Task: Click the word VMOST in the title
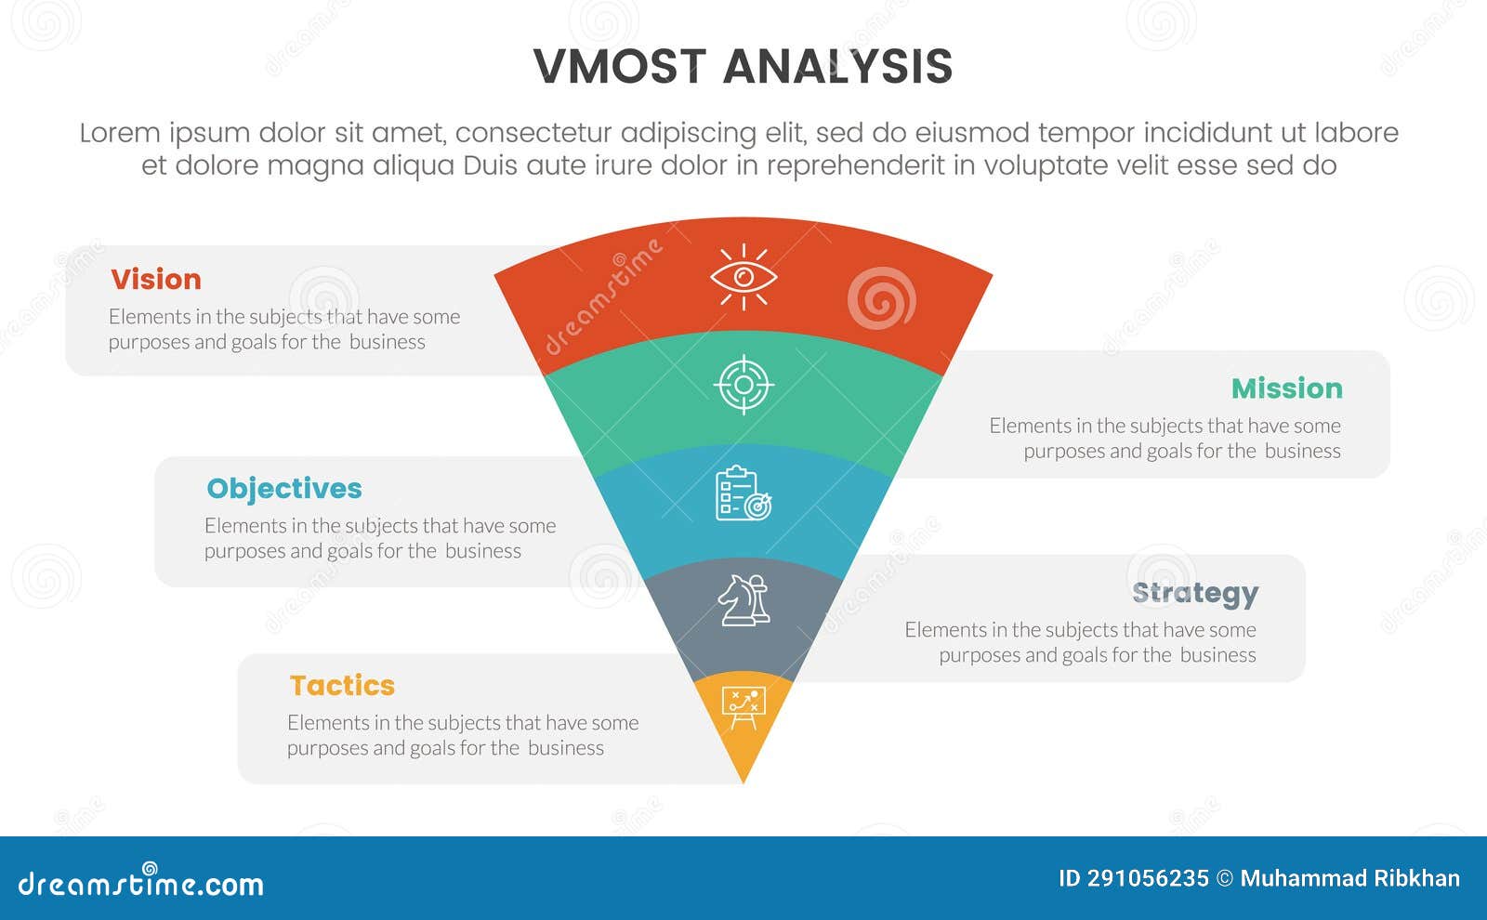pos(619,67)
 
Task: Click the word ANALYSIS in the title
pos(837,67)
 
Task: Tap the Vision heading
pos(156,279)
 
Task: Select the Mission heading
pos(1286,388)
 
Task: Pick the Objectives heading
pos(284,488)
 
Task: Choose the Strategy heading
pos(1195,593)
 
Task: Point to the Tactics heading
pos(342,685)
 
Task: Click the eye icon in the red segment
pos(743,277)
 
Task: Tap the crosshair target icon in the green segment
pos(743,384)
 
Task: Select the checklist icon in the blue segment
pos(743,493)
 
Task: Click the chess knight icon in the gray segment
pos(743,599)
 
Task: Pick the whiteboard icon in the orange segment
pos(743,706)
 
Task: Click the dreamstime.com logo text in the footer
pos(140,883)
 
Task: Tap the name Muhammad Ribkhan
pos(1349,878)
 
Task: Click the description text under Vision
pos(283,329)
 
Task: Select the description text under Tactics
pos(462,735)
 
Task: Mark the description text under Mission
pos(1165,438)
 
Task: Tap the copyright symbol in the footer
pos(1225,878)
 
